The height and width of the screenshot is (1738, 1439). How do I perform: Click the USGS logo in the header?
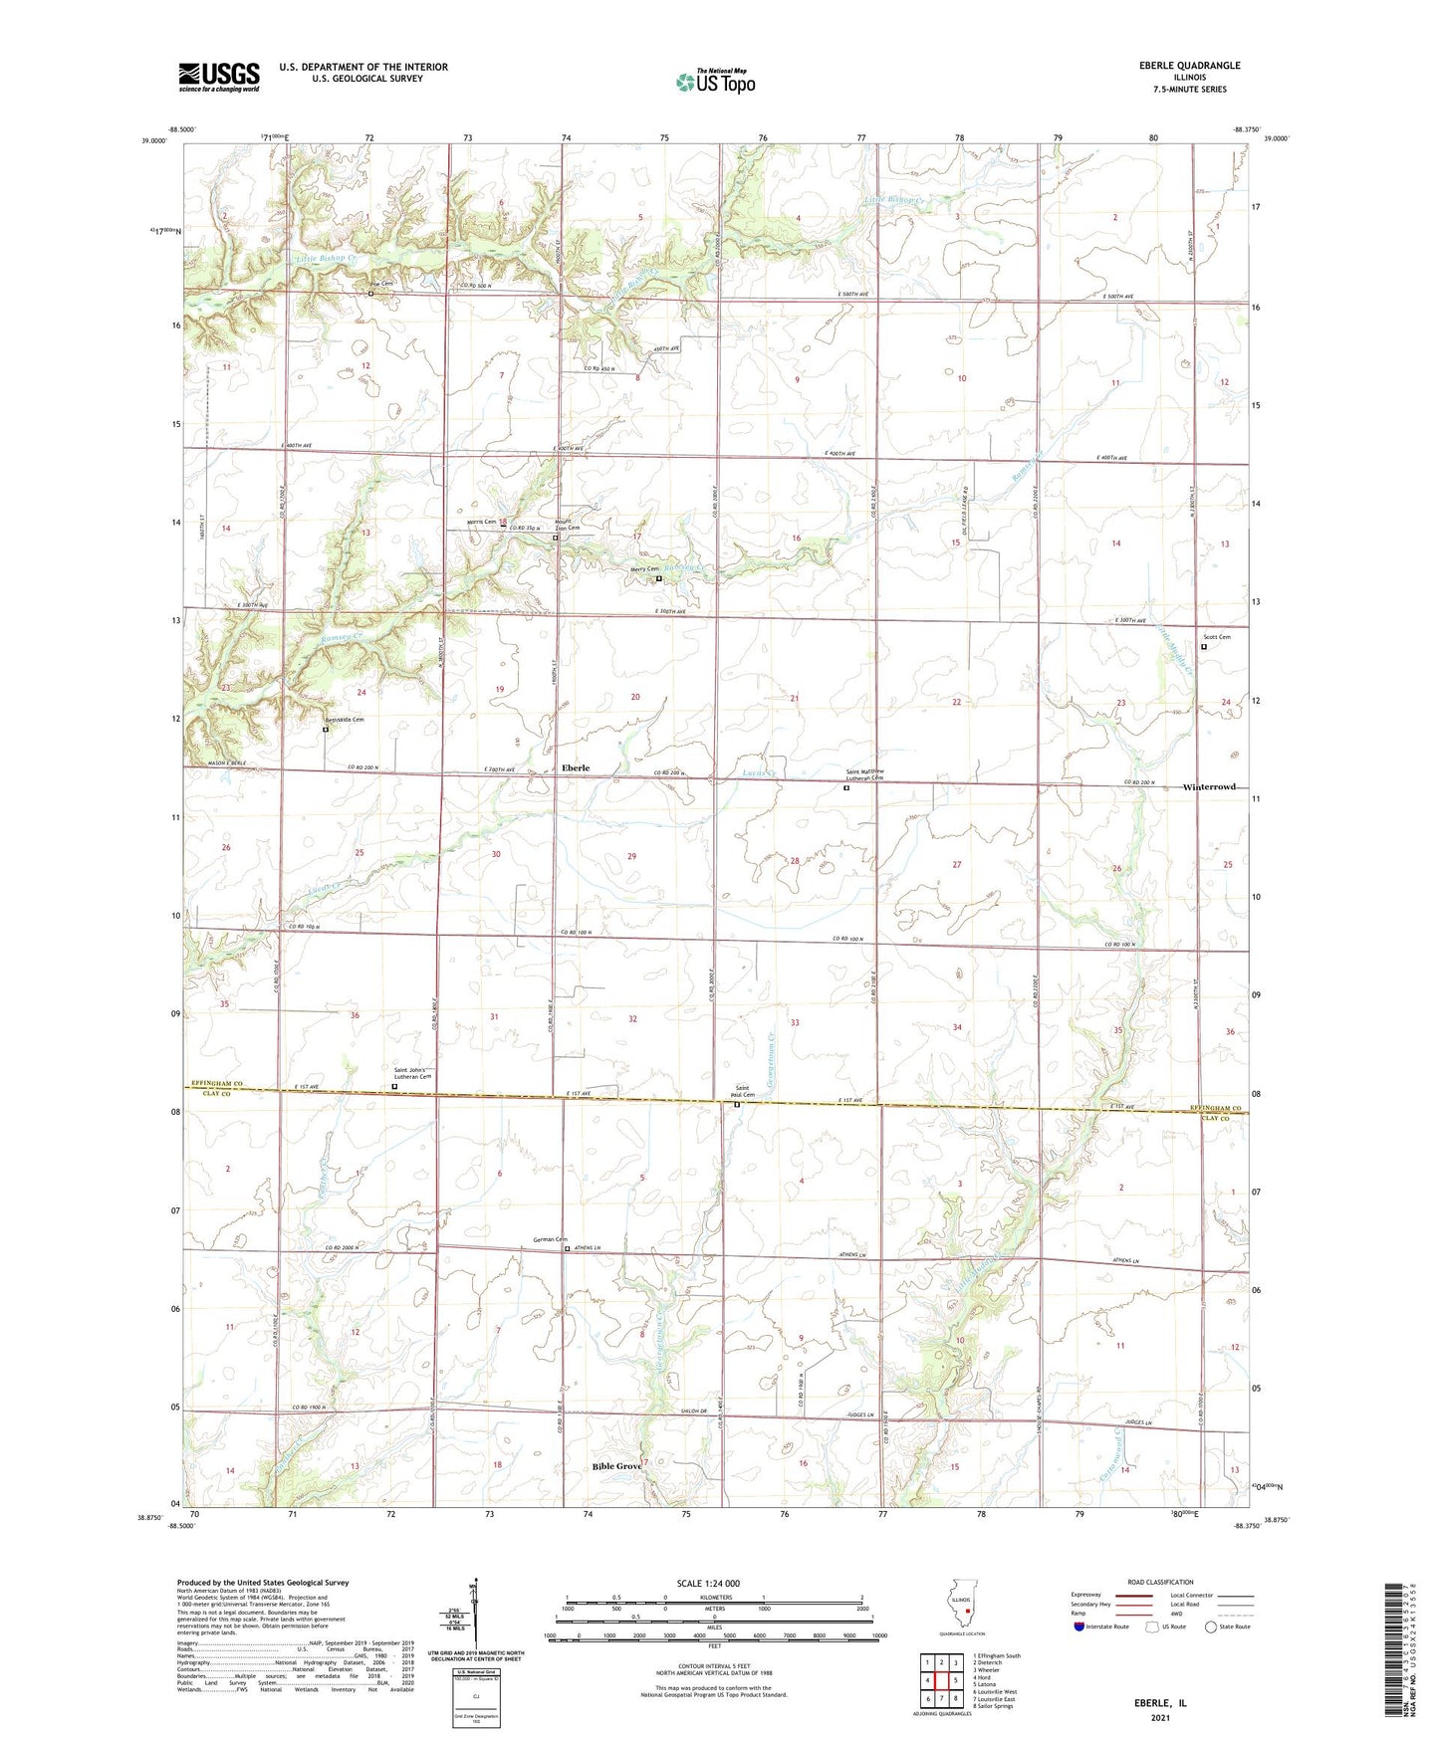pos(218,77)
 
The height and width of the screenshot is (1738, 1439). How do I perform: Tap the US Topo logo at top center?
pos(714,82)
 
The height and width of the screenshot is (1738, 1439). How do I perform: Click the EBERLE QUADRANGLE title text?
pos(1189,66)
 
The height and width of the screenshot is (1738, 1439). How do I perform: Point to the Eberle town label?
pos(576,767)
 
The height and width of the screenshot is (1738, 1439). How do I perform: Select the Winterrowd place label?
pos(1209,786)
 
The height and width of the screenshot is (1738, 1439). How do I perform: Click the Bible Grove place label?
pos(616,1466)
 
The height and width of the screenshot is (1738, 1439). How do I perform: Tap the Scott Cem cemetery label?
pos(1216,637)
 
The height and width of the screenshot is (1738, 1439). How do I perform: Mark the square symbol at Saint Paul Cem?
pos(737,1104)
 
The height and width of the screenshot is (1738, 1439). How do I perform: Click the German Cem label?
pos(550,1239)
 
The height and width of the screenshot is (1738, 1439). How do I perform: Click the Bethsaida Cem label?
pos(344,720)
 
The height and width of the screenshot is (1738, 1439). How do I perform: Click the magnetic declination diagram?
pos(475,1617)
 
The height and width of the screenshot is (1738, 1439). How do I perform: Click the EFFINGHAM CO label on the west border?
pos(208,1085)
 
